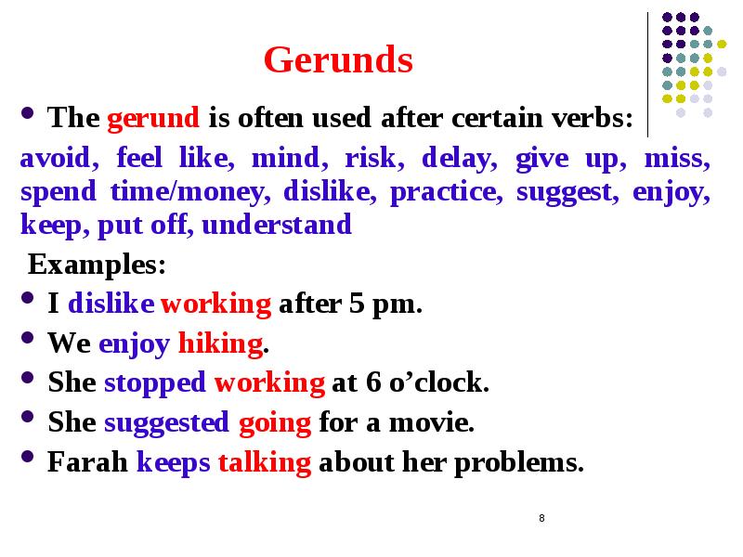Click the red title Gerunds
click(338, 61)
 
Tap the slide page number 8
click(541, 517)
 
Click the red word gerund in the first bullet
click(154, 119)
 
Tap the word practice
click(444, 192)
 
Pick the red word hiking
click(219, 344)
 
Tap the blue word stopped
click(155, 383)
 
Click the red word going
click(274, 423)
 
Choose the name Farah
click(87, 463)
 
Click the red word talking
click(264, 463)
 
